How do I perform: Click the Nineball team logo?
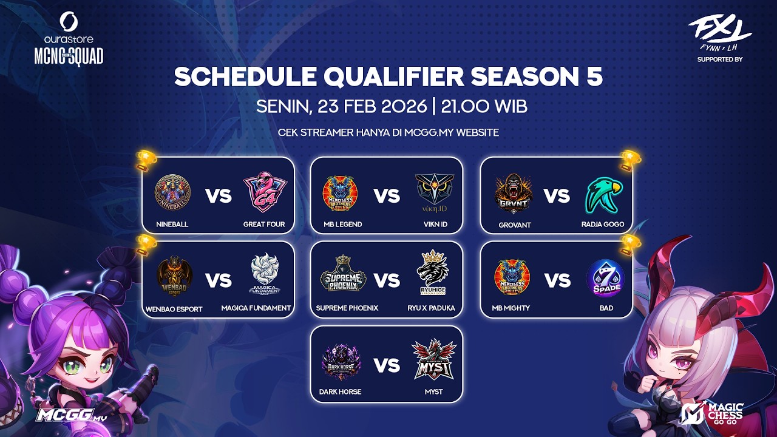(x=172, y=192)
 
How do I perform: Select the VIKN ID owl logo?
(x=435, y=194)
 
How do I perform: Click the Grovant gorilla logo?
(x=514, y=194)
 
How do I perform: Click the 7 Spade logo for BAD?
(x=605, y=279)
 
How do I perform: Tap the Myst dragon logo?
(x=433, y=359)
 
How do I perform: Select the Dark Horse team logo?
(x=341, y=362)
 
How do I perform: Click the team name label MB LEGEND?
(x=342, y=225)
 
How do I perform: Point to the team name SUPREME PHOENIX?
(x=347, y=308)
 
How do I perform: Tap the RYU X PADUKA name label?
(x=431, y=308)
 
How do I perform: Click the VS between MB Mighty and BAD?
(x=557, y=280)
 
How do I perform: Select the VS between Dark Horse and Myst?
(x=387, y=365)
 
